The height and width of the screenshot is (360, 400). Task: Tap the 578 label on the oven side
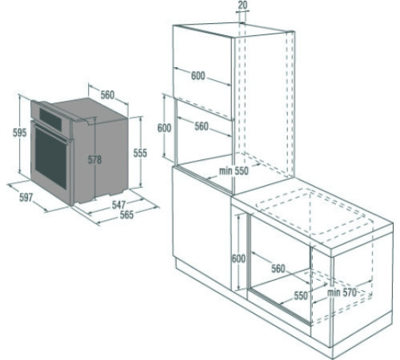coord(94,160)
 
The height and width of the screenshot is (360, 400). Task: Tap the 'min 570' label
coord(341,292)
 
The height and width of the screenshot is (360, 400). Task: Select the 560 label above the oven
coord(107,94)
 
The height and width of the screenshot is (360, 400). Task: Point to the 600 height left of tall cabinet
coord(164,128)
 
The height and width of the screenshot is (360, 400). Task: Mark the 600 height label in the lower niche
coord(238,258)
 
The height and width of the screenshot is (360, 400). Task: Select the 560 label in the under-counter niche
coord(278,269)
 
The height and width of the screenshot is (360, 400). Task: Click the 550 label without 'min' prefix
coord(301,295)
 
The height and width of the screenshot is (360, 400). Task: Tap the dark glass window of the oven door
coord(49,156)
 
